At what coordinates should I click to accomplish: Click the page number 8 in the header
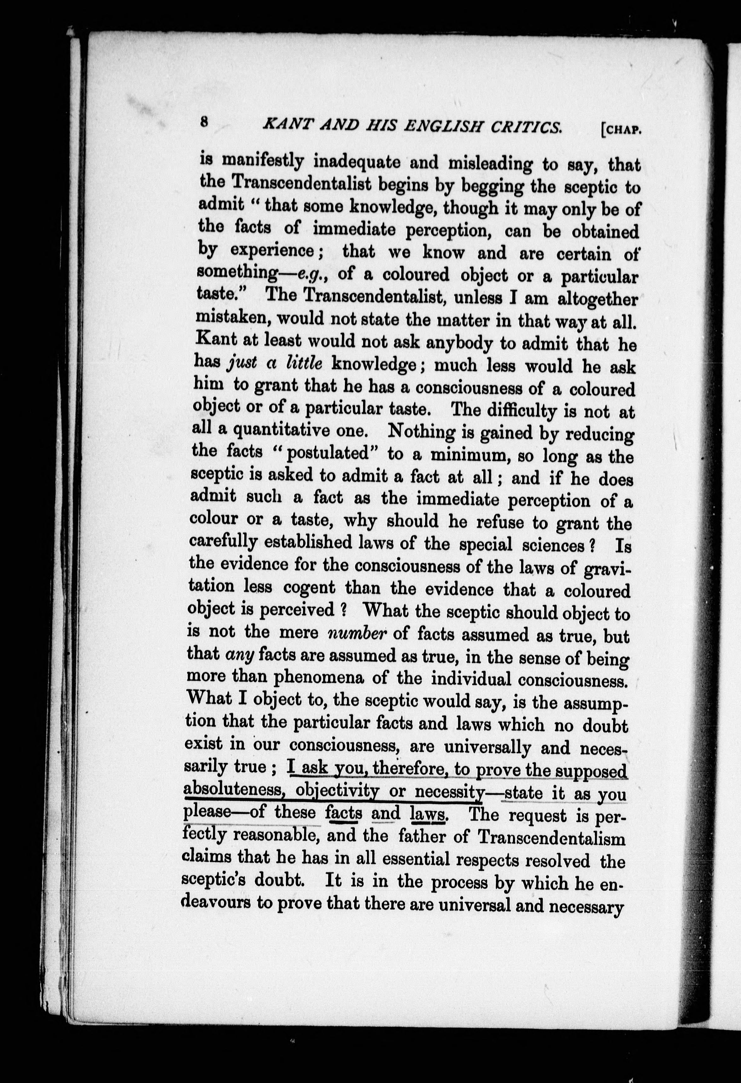203,122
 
